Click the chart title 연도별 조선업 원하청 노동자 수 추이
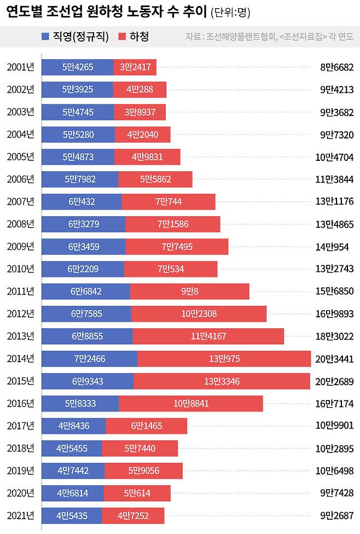107,13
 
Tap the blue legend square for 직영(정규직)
45,37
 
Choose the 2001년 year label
20,67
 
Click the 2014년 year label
20,359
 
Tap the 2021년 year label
20,515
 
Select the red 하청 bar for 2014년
224,359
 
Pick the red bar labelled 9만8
190,292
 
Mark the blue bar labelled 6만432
82,202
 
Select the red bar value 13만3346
222,381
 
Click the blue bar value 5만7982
80,179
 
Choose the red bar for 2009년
177,247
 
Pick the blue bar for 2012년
86,314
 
